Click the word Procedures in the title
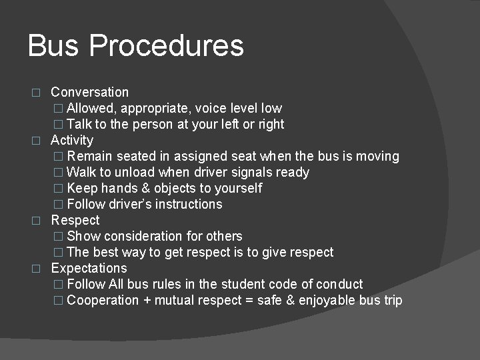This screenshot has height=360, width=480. [166, 46]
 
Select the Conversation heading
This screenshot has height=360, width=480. [89, 92]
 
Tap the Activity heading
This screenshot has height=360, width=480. [72, 140]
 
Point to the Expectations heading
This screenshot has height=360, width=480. [89, 268]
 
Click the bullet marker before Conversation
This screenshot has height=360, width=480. [37, 93]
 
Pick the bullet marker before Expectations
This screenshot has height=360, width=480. [37, 269]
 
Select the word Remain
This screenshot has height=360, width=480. [90, 156]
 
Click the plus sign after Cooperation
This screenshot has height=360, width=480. [146, 301]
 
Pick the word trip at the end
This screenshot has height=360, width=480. [391, 300]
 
